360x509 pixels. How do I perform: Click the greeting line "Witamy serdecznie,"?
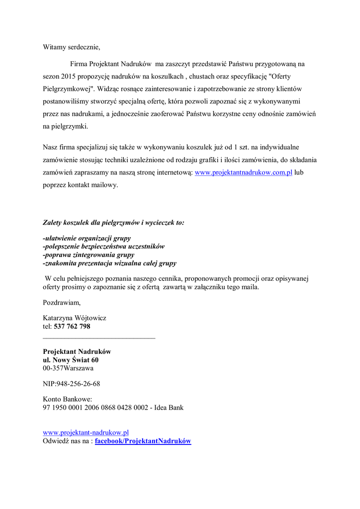click(x=72, y=48)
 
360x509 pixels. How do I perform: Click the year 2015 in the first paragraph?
click(x=71, y=78)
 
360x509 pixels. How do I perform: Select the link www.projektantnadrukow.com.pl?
click(x=243, y=173)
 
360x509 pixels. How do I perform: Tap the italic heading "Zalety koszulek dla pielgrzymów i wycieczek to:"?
click(x=113, y=223)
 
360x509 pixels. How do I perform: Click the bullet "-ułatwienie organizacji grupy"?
click(x=87, y=238)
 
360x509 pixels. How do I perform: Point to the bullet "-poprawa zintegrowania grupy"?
click(x=85, y=255)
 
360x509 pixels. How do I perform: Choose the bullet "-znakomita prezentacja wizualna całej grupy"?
click(x=109, y=263)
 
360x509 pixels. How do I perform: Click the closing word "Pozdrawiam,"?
click(x=62, y=302)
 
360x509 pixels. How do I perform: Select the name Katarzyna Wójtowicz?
click(x=75, y=318)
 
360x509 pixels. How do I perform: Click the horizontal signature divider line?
click(x=99, y=338)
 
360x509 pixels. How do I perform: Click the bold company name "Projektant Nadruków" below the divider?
click(x=77, y=351)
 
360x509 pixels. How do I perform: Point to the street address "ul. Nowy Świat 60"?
click(x=71, y=360)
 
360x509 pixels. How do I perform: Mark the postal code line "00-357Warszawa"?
click(x=68, y=368)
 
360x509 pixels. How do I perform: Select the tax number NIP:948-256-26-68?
click(x=72, y=384)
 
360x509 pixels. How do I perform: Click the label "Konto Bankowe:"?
click(x=68, y=399)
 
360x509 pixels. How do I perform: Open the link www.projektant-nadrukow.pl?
click(x=86, y=433)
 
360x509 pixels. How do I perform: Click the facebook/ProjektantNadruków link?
click(x=143, y=441)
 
